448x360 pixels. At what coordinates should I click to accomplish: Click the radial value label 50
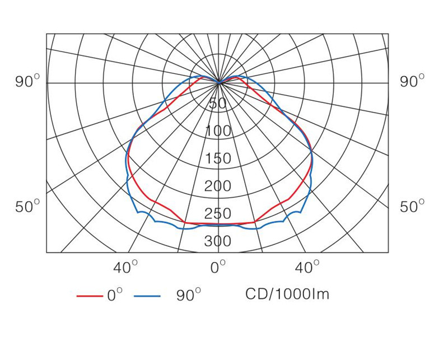218,104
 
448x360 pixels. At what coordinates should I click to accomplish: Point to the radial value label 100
218,132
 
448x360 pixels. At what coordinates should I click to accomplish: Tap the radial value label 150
218,159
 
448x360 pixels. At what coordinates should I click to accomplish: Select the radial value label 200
218,186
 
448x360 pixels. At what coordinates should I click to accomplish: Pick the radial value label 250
218,214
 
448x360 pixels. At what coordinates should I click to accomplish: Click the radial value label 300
218,241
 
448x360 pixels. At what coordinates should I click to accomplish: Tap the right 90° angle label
412,82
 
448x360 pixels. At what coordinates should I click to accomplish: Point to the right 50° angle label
412,207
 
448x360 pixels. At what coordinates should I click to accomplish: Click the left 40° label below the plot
125,268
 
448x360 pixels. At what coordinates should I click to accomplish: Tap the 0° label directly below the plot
218,268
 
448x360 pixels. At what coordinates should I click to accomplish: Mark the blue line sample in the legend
147,295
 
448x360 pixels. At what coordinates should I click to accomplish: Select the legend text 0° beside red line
114,295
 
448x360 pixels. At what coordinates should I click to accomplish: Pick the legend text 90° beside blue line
189,295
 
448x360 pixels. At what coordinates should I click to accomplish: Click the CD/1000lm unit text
287,294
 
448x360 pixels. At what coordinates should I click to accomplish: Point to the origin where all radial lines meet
219,82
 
